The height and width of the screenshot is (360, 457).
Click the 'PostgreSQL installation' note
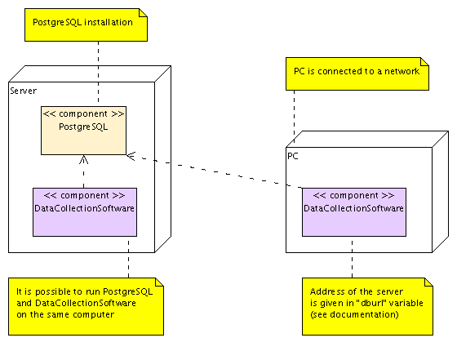84,24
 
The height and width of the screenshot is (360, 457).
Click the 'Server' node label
23,90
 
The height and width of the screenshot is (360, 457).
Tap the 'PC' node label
293,154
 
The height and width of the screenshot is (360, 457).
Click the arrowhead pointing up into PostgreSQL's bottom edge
84,159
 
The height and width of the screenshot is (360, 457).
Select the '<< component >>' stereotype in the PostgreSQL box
84,115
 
